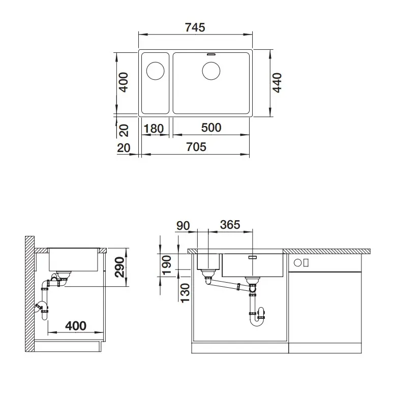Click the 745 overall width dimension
[195, 27]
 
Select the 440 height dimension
[277, 83]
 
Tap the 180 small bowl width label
[154, 129]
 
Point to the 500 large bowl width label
[211, 128]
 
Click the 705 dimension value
[196, 147]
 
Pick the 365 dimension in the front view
[230, 225]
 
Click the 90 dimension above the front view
[183, 226]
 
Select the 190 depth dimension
[167, 265]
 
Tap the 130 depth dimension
[185, 293]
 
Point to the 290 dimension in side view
[119, 267]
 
